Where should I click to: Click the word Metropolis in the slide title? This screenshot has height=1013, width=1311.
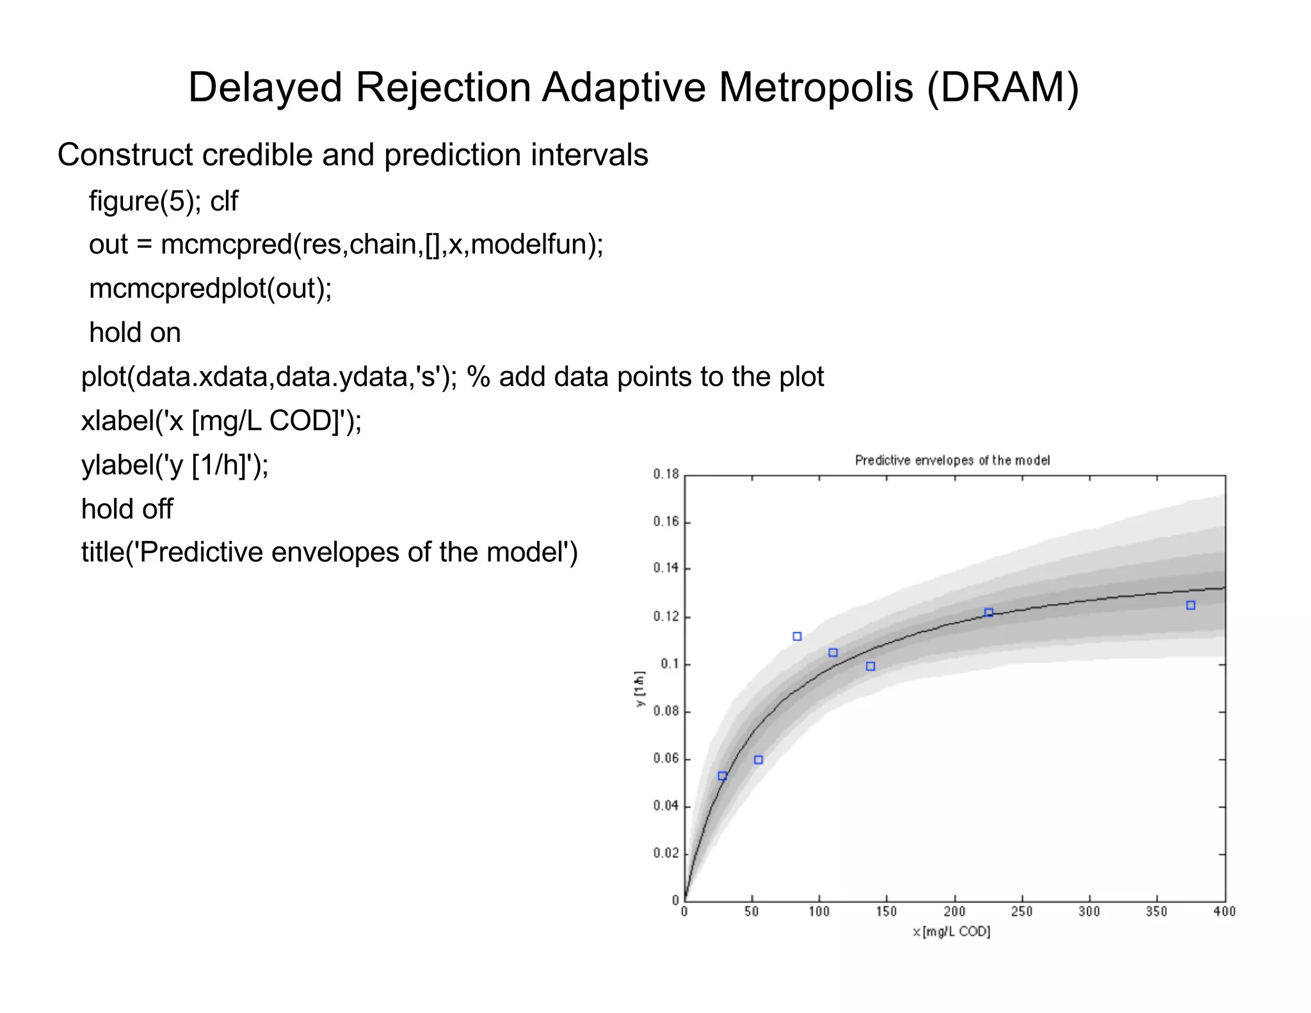click(816, 88)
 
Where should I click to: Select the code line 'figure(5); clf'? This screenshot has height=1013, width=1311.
click(163, 201)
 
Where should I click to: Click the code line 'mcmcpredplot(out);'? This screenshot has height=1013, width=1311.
click(211, 289)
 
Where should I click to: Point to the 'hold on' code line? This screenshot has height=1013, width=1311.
click(135, 333)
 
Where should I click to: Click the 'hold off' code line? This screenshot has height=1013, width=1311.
click(127, 509)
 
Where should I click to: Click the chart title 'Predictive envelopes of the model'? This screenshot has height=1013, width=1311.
click(952, 460)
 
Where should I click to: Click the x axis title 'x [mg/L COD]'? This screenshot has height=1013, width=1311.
click(951, 932)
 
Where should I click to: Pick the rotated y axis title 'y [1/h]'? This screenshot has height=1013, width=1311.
click(639, 689)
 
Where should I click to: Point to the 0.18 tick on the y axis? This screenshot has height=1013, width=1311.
click(666, 474)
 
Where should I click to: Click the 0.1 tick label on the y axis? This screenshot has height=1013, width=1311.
click(670, 664)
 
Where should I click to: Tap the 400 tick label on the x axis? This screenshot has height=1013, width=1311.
click(1224, 911)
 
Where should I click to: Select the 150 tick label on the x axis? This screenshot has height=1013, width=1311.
click(886, 911)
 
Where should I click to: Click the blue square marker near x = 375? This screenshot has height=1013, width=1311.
click(1191, 605)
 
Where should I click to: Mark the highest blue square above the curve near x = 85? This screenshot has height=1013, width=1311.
click(797, 636)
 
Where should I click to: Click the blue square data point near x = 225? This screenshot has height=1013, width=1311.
click(988, 613)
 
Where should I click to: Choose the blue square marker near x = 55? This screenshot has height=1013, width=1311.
click(759, 760)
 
